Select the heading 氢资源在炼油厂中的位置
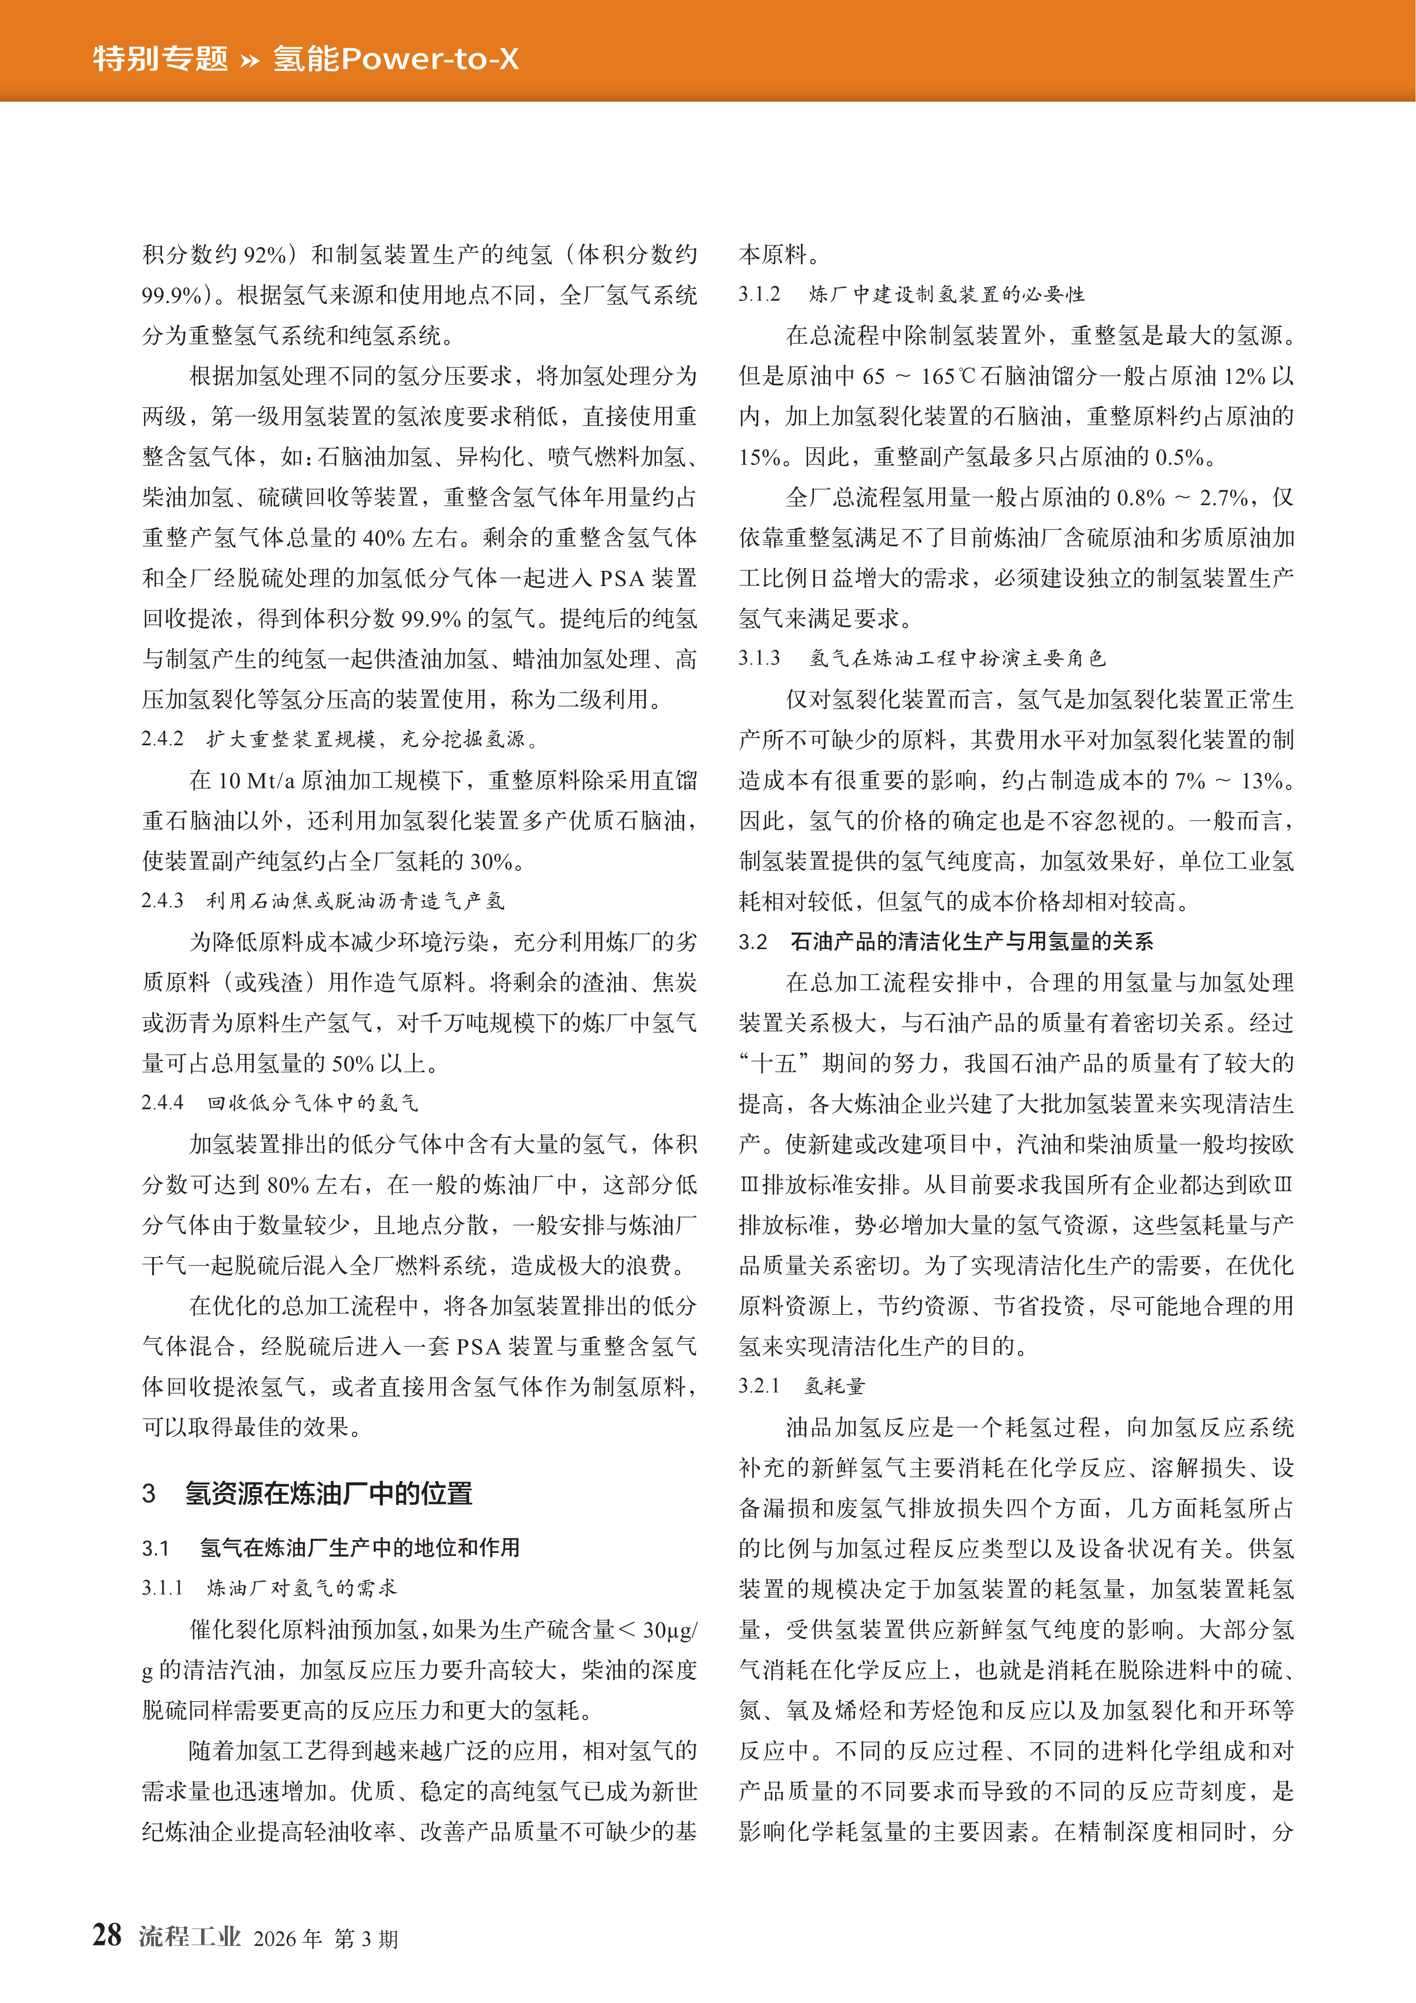[328, 1494]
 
